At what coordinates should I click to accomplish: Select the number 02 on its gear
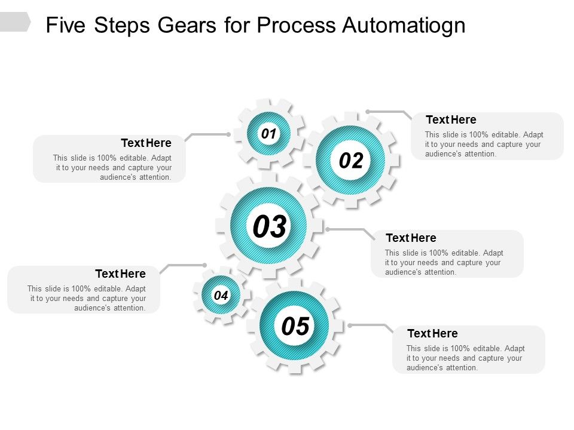pos(351,161)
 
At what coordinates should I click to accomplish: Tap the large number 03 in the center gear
pos(269,227)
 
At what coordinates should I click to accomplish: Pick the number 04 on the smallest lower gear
pos(221,295)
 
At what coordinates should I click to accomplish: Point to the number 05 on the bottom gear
pos(295,326)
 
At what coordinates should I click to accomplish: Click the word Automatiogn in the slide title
pos(404,26)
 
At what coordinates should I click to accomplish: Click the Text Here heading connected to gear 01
pos(146,143)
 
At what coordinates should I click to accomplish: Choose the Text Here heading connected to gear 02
pos(451,119)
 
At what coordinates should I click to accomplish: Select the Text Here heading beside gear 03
pos(411,238)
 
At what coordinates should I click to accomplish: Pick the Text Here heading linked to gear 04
pos(120,274)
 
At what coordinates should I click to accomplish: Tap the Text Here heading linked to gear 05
pos(432,333)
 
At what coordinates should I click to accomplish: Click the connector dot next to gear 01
pos(228,134)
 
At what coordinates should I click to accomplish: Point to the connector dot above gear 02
pos(368,111)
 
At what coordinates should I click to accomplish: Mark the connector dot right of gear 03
pos(328,229)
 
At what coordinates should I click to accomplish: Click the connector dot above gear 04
pos(204,265)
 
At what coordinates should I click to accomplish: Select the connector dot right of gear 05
pos(350,325)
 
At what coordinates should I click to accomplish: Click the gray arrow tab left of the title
pos(14,22)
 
